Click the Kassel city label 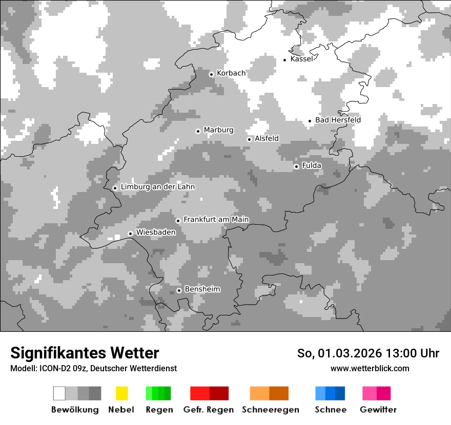click(301, 59)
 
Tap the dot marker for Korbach click(211, 74)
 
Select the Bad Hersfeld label click(338, 120)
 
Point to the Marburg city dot click(198, 131)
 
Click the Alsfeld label click(266, 138)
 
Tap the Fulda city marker click(296, 166)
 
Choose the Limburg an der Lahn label click(157, 187)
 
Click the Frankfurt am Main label click(216, 219)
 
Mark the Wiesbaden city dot click(130, 233)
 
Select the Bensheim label click(202, 289)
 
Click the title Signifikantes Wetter click(85, 353)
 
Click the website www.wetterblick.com click(370, 368)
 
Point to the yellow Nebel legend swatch click(121, 393)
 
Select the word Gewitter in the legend click(378, 410)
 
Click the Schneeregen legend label click(271, 410)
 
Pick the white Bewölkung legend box click(59, 393)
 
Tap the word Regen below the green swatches click(159, 410)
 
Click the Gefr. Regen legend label click(209, 410)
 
